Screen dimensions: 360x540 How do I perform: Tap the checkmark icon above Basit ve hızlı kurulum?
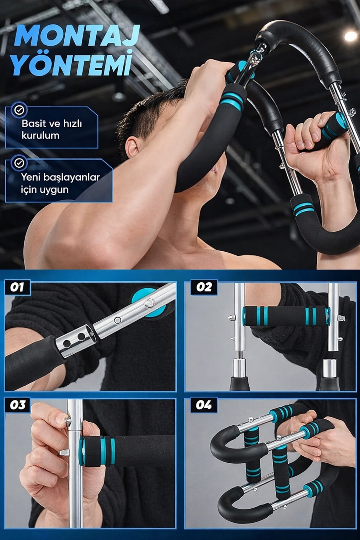(x=19, y=110)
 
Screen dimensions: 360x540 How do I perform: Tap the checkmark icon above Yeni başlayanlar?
(x=19, y=163)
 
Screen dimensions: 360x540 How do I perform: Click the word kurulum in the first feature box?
(x=40, y=135)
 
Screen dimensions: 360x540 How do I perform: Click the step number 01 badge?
(x=17, y=287)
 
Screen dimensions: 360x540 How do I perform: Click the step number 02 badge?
(x=204, y=287)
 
